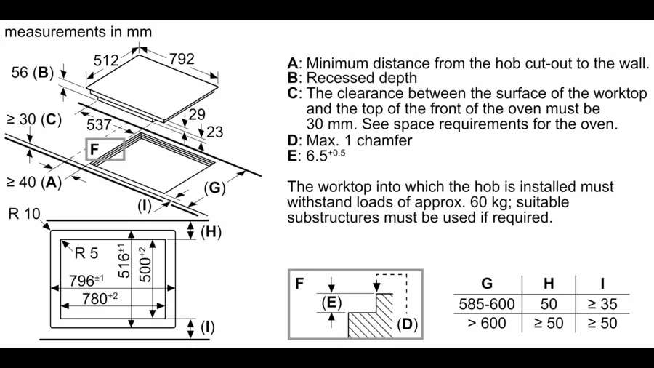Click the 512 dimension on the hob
click(x=106, y=60)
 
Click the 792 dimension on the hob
click(x=182, y=59)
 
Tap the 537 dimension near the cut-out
click(x=99, y=126)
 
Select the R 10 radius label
click(x=24, y=214)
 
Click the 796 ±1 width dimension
click(x=87, y=280)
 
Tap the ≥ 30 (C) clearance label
click(x=33, y=119)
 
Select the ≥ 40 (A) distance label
click(x=33, y=182)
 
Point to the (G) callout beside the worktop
click(x=214, y=188)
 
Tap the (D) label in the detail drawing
click(x=407, y=322)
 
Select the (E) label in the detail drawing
click(x=331, y=303)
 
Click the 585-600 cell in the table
click(x=486, y=303)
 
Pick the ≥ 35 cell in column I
click(x=602, y=303)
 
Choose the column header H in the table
click(x=549, y=284)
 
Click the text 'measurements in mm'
click(x=78, y=32)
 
